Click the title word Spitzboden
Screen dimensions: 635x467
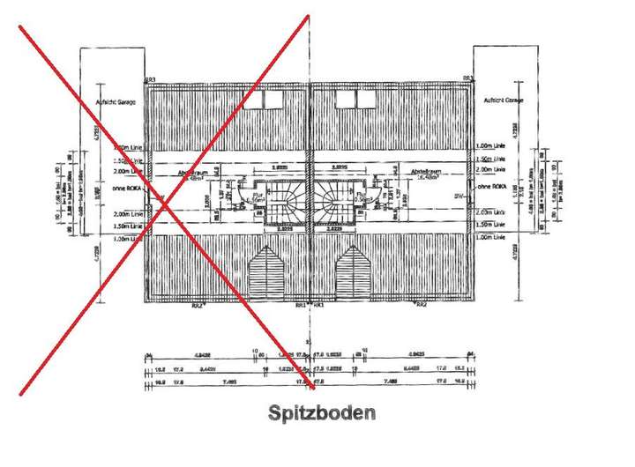[322, 412]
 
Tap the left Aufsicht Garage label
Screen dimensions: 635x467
[117, 101]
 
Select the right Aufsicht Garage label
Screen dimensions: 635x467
[504, 101]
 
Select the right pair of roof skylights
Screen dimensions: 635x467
[357, 99]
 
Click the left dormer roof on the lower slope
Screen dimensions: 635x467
[265, 272]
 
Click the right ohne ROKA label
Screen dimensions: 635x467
[488, 188]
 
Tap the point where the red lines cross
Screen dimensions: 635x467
[166, 205]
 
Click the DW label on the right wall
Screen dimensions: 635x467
[458, 195]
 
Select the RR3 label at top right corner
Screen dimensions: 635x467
[468, 79]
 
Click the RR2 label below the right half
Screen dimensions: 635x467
[422, 305]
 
